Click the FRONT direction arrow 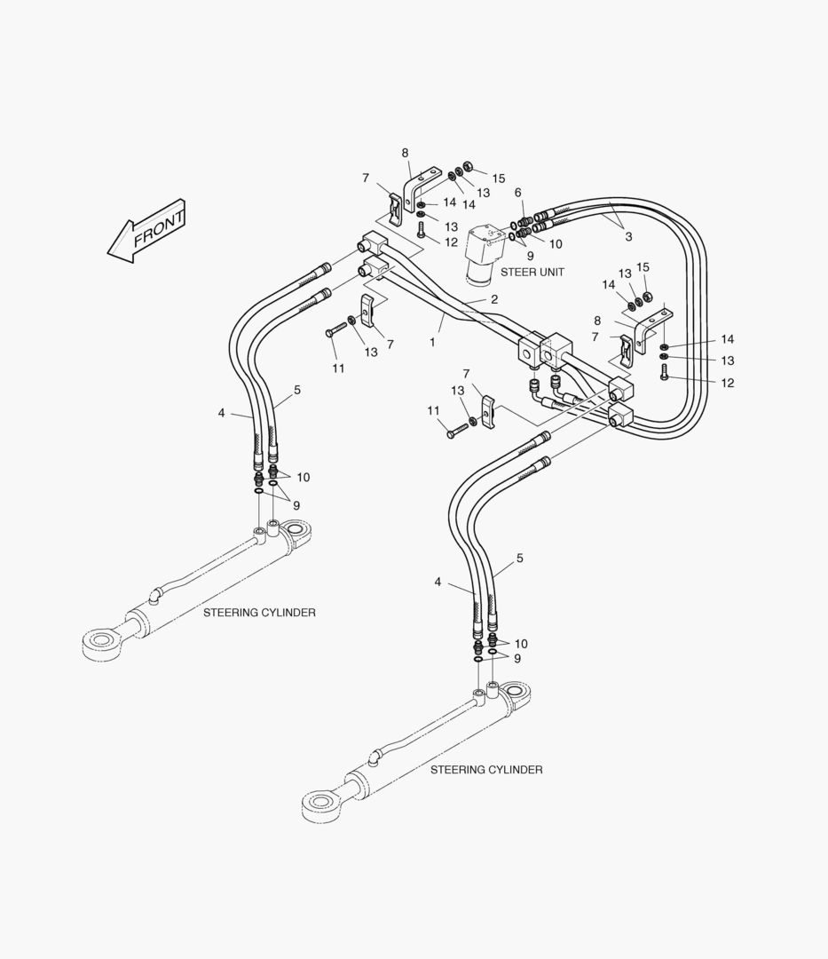tap(146, 232)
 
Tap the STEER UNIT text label tap(532, 273)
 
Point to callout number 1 tap(433, 343)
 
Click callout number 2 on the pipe tap(494, 299)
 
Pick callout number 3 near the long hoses tap(629, 237)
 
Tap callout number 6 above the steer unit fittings tap(518, 193)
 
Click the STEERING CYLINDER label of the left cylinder tap(260, 612)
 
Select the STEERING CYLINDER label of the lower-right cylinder tap(486, 769)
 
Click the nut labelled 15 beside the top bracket tap(468, 166)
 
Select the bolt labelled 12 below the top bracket tap(421, 230)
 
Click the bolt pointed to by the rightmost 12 tap(665, 372)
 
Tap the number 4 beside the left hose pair tap(221, 413)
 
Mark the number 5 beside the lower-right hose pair tap(519, 558)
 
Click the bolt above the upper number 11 tap(336, 329)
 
